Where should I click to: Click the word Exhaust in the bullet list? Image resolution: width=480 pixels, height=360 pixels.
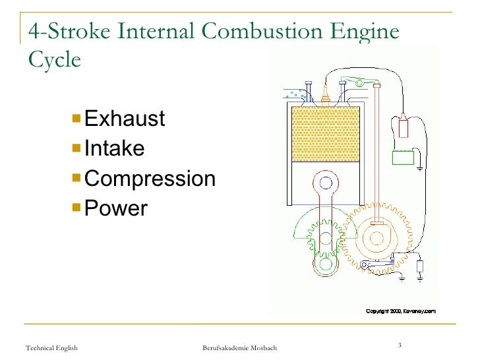point(125,119)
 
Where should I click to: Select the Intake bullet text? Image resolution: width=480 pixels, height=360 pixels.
point(114,148)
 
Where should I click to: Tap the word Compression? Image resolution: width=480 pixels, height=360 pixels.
point(150,179)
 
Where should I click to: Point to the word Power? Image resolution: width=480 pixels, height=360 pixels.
point(116,208)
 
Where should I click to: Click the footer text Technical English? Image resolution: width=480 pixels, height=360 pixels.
point(51,347)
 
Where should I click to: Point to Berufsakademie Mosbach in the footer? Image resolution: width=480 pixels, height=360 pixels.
point(239,347)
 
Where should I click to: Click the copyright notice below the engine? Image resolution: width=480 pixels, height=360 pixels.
point(400,310)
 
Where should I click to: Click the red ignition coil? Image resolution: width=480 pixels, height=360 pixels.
point(403,125)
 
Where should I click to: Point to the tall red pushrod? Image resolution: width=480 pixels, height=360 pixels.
point(376,152)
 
